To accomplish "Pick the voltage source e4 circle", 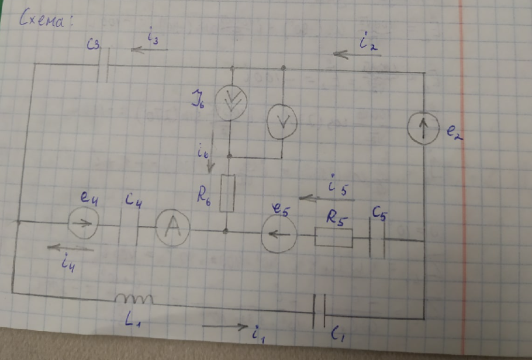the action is [82, 224].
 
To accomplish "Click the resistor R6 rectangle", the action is [227, 192].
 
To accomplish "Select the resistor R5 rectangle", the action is [334, 238].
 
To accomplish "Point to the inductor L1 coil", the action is [134, 299].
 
